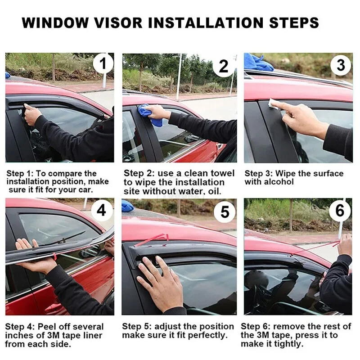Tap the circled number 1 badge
pyautogui.click(x=103, y=63)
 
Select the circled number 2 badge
pyautogui.click(x=223, y=66)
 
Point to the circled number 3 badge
pyautogui.click(x=341, y=65)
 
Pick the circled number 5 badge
pyautogui.click(x=225, y=211)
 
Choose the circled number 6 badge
pyautogui.click(x=340, y=210)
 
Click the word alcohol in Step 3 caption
pyautogui.click(x=279, y=182)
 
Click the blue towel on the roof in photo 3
pyautogui.click(x=258, y=63)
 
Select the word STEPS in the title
pyautogui.click(x=294, y=22)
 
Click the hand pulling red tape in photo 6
pyautogui.click(x=345, y=245)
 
